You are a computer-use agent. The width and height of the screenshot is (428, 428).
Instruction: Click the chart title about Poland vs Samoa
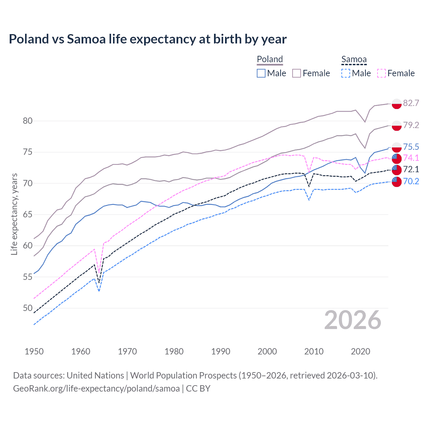(x=147, y=39)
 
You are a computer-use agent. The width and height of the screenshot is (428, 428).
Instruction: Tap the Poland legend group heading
(x=270, y=59)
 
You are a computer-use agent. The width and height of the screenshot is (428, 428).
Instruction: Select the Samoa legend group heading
(x=354, y=59)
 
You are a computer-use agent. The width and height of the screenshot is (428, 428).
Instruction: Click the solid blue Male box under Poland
(x=261, y=73)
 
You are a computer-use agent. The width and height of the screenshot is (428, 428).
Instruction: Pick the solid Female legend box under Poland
(x=297, y=73)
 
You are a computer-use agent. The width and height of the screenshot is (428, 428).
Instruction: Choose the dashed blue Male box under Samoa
(x=346, y=73)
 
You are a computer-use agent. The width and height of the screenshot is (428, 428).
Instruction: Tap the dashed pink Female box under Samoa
(x=382, y=73)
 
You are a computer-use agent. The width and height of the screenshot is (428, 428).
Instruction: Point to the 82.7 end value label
(x=411, y=103)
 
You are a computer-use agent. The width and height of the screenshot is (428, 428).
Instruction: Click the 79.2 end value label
(x=411, y=125)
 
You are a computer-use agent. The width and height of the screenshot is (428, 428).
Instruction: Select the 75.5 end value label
(x=411, y=147)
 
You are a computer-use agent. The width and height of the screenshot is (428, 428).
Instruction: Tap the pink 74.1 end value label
(x=411, y=158)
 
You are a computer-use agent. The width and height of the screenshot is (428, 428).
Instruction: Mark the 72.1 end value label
(x=411, y=170)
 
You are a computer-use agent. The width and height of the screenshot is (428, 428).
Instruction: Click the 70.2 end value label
(x=411, y=181)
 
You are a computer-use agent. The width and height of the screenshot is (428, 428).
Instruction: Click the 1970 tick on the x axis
(x=127, y=351)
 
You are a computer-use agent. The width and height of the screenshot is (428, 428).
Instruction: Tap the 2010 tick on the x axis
(x=314, y=351)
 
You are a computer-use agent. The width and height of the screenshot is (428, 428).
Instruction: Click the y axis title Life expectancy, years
(x=14, y=214)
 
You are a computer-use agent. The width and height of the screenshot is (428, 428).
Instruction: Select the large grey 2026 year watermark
(x=352, y=320)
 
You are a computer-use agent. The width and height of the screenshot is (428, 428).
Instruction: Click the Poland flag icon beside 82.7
(x=397, y=104)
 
